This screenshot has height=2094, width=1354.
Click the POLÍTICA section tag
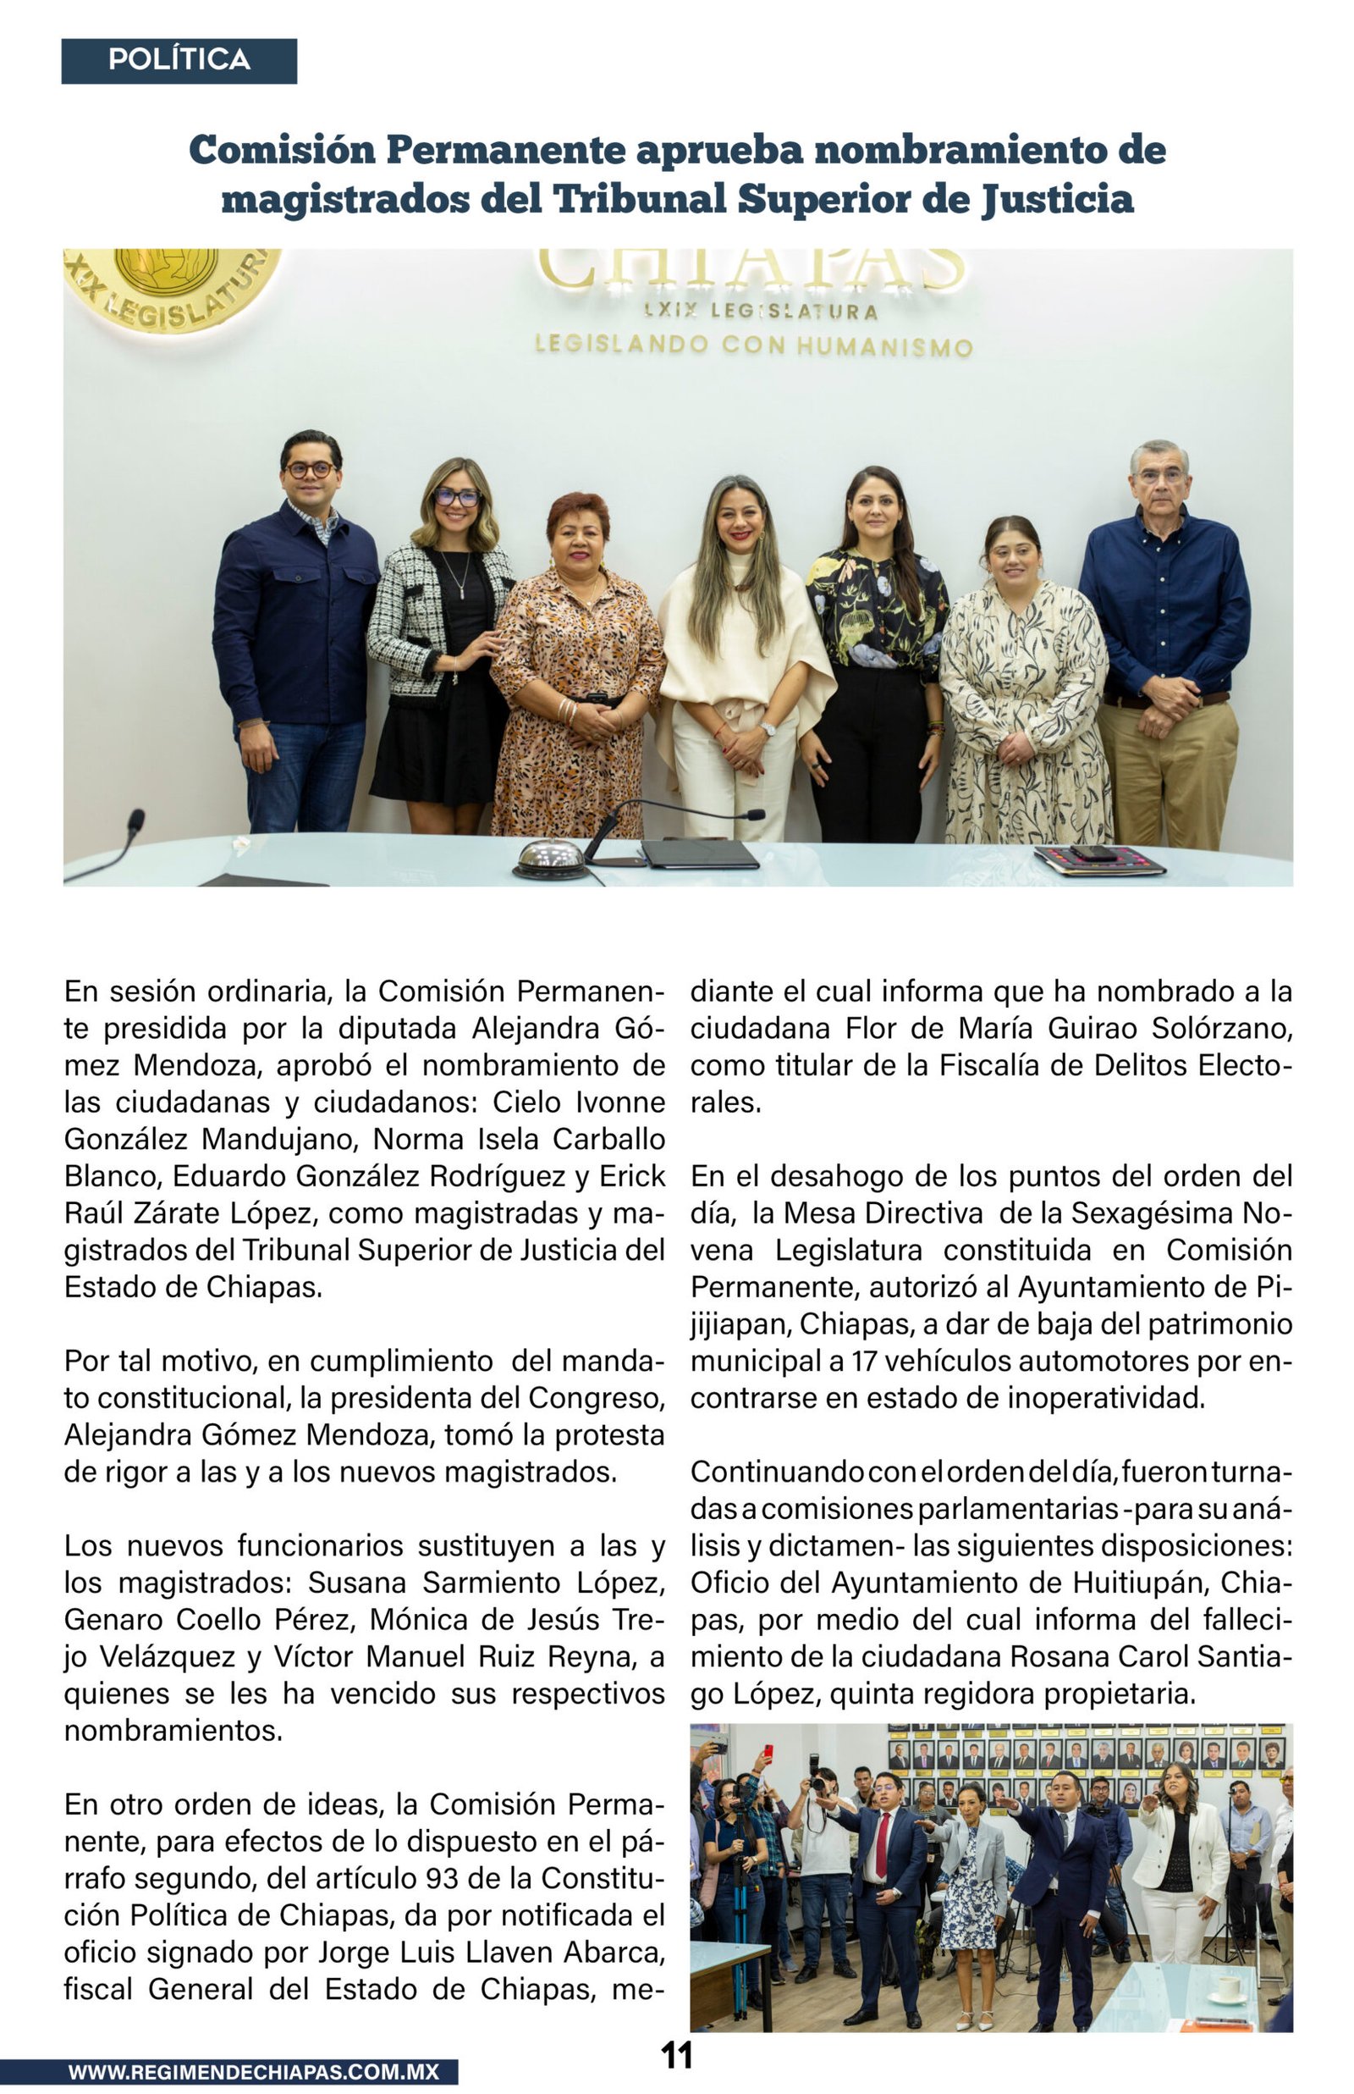point(179,61)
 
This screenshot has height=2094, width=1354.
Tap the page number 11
point(676,2055)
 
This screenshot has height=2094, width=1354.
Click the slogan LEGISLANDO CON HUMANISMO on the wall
point(753,345)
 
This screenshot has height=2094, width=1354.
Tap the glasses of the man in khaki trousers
point(1160,476)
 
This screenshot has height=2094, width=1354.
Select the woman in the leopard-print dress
point(576,668)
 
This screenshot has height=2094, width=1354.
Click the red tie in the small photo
point(882,1845)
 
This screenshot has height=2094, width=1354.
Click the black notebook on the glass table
point(699,853)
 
